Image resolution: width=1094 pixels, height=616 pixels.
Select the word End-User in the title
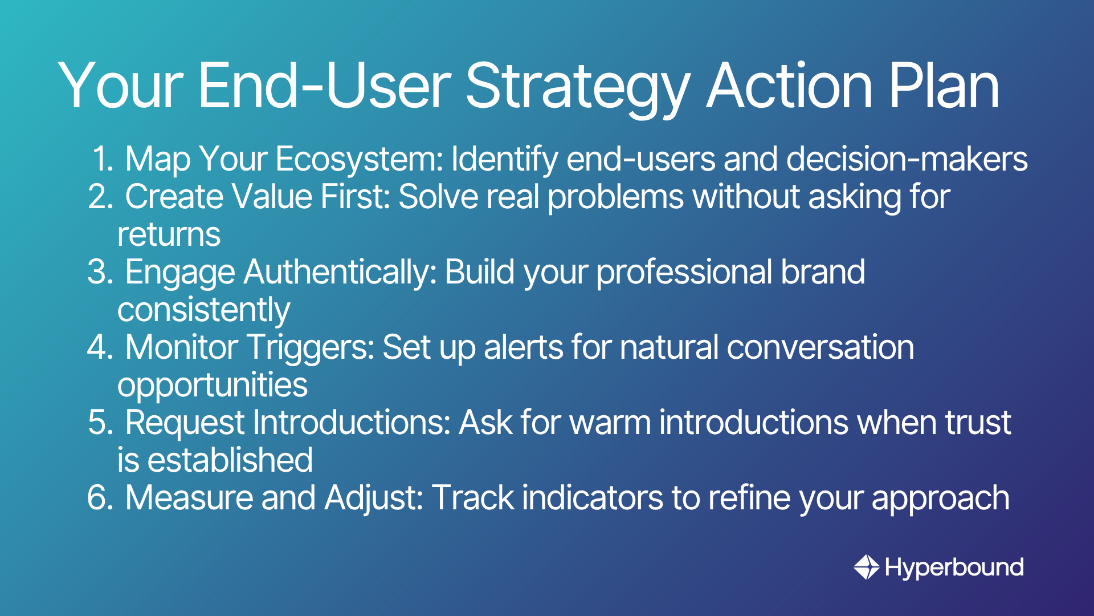[x=324, y=86]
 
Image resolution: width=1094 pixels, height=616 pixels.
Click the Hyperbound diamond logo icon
[x=867, y=567]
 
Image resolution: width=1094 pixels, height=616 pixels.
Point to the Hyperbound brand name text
[x=954, y=568]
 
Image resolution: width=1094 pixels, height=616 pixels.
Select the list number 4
[x=100, y=347]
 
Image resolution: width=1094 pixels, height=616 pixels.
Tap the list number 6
[x=100, y=498]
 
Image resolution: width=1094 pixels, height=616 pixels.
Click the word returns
[x=169, y=235]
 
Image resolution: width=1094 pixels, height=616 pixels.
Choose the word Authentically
[x=340, y=273]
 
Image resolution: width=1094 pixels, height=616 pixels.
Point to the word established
[x=230, y=460]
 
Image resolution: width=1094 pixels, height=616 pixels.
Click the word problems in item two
[x=615, y=197]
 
